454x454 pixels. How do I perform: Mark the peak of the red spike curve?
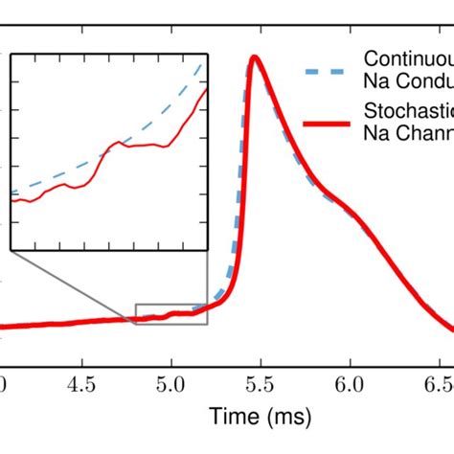[255, 58]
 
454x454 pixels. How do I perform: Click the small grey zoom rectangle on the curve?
[171, 314]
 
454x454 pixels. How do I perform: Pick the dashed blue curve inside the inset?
[115, 148]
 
